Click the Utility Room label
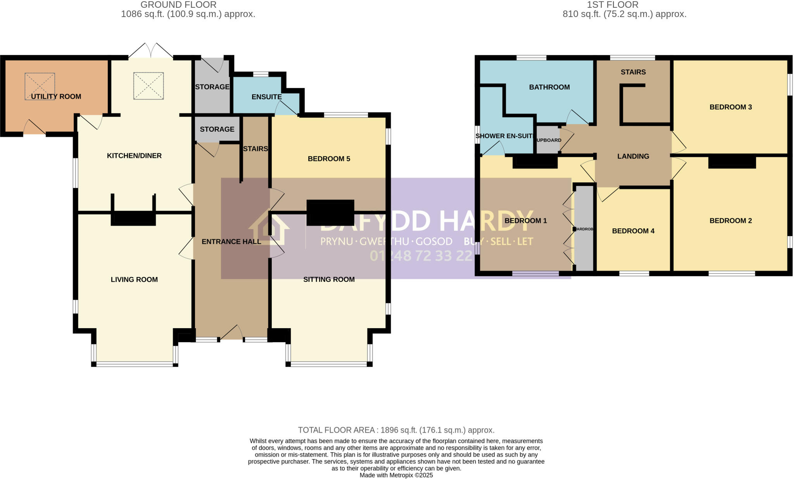click(56, 96)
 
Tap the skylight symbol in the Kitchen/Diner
click(148, 86)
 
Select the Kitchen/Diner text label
click(134, 156)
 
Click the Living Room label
click(134, 279)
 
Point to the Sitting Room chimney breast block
click(330, 212)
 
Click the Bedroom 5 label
click(329, 159)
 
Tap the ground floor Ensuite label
click(266, 97)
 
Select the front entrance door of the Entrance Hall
click(231, 333)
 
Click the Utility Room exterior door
click(35, 128)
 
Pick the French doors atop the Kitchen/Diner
click(151, 51)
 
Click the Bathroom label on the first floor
click(549, 87)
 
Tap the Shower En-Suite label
click(504, 136)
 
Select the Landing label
click(633, 157)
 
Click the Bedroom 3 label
click(730, 107)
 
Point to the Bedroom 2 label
click(730, 221)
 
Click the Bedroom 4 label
click(633, 231)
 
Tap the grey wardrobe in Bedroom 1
click(584, 229)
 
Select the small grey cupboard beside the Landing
click(547, 140)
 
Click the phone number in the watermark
click(421, 256)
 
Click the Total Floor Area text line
click(396, 430)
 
